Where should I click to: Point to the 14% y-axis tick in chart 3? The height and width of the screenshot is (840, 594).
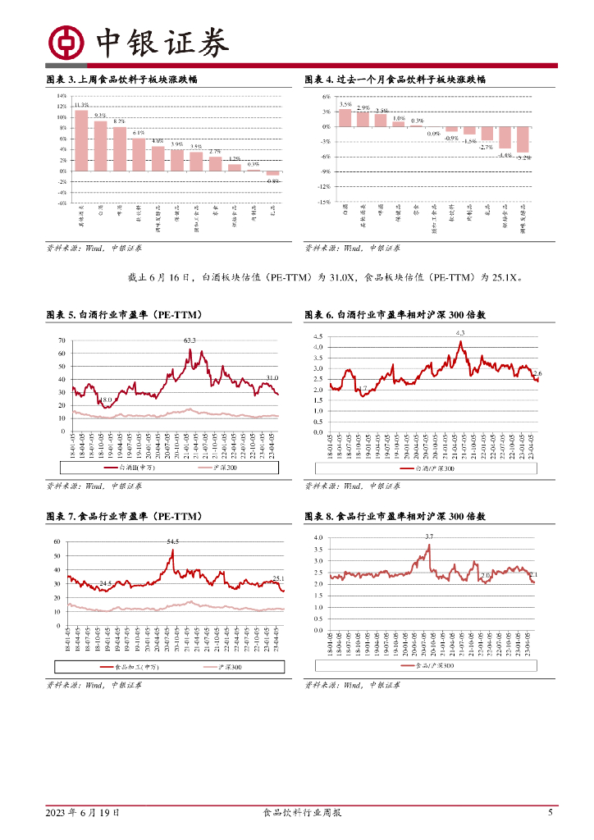click(62, 96)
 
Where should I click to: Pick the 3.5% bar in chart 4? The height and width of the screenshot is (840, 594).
click(345, 118)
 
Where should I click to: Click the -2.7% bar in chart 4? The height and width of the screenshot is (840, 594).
click(487, 134)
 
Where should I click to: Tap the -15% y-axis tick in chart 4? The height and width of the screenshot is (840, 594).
click(324, 202)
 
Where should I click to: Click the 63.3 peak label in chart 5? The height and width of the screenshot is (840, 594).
click(190, 340)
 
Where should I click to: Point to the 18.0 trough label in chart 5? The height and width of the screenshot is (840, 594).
click(106, 400)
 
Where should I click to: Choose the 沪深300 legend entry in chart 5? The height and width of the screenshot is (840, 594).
click(217, 468)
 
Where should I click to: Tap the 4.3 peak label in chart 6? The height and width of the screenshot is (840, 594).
click(459, 333)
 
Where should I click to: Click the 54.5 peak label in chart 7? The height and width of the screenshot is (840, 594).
click(173, 542)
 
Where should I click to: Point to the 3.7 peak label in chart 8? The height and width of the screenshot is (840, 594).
click(428, 536)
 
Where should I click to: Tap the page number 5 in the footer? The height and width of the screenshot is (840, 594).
click(551, 813)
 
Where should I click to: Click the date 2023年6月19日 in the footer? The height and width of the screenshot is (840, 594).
click(82, 813)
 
